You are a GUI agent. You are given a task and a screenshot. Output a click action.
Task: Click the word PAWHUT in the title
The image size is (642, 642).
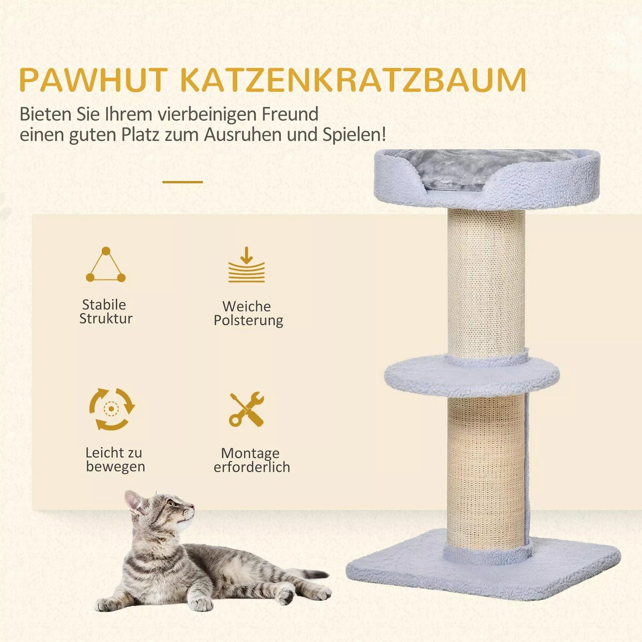coord(93,80)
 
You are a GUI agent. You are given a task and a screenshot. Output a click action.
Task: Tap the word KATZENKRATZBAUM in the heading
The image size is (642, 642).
coord(354,80)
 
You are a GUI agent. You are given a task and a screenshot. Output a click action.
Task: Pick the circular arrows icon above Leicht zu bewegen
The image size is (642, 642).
coord(112,409)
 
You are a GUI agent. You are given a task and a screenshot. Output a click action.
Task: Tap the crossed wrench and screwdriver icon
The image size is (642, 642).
coord(247,409)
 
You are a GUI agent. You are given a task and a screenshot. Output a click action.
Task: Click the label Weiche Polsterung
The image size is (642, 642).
coord(248,313)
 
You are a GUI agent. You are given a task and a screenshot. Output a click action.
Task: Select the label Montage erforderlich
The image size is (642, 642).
coord(251,460)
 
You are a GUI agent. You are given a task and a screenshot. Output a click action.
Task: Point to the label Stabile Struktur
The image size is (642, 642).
coord(106,311)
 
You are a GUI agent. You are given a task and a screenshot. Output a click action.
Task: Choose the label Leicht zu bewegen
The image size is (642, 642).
coord(115,459)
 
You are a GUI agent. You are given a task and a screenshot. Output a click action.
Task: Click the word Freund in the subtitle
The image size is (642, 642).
coord(290,115)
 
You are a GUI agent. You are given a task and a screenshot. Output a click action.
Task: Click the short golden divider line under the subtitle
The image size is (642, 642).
coord(183,182)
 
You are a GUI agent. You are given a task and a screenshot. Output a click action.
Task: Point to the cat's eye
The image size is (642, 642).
coord(171,503)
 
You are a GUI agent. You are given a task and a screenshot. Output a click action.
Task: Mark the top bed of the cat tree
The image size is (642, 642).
coord(487,178)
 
